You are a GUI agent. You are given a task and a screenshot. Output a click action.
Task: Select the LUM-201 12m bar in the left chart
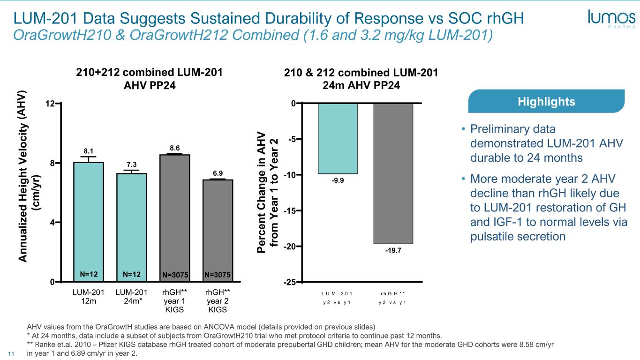tap(89, 220)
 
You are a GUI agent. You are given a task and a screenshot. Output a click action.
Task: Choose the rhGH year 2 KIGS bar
tap(218, 230)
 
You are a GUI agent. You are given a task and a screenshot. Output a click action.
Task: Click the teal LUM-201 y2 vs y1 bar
tap(338, 138)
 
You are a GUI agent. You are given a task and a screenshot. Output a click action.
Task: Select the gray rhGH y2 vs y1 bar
tap(393, 173)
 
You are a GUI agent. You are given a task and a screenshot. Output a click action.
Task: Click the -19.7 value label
tap(393, 251)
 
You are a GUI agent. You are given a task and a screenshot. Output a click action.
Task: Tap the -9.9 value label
tap(338, 181)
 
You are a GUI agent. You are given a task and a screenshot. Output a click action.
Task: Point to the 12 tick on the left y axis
tap(55, 103)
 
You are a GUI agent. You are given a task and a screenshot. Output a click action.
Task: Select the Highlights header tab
tap(546, 101)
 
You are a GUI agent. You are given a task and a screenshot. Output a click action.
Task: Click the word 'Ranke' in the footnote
tap(43, 344)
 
